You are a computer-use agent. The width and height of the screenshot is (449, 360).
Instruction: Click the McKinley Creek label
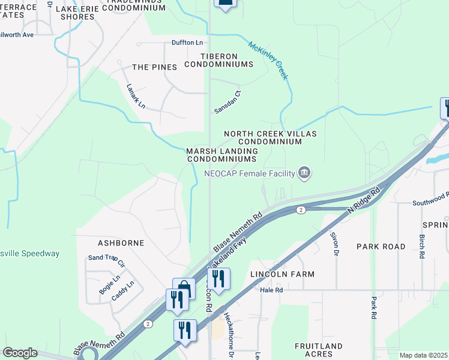[x=268, y=60]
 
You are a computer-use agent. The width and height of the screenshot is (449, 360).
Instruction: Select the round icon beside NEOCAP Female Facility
[x=304, y=173]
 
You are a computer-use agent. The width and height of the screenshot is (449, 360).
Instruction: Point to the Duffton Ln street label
[x=187, y=43]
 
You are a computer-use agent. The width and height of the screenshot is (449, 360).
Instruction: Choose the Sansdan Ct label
[x=228, y=103]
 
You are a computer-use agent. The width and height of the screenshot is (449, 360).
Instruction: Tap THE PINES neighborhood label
[x=154, y=67]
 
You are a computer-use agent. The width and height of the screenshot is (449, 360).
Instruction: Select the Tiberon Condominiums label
[x=218, y=60]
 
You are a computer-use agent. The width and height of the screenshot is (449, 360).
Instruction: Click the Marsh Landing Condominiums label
[x=221, y=155]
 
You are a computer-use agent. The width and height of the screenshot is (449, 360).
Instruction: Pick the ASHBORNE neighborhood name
[x=121, y=243]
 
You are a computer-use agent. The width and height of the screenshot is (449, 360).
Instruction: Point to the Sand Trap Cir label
[x=107, y=261]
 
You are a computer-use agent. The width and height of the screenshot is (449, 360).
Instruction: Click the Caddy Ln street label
[x=122, y=290]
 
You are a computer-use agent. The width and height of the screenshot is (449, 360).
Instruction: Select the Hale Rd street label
[x=271, y=289]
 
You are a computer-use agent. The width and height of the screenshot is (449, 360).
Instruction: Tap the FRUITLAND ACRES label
[x=318, y=350]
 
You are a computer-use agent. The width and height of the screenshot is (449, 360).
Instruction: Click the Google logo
[x=20, y=353]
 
